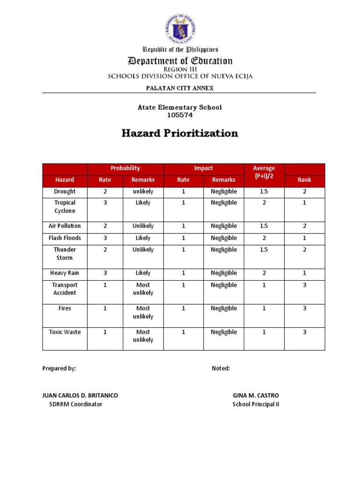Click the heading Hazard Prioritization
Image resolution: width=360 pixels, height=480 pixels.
pyautogui.click(x=180, y=134)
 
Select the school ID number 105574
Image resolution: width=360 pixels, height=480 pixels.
pyautogui.click(x=180, y=115)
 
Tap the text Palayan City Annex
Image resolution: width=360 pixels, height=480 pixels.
pyautogui.click(x=180, y=88)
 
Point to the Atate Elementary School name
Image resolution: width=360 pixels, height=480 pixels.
pyautogui.click(x=180, y=107)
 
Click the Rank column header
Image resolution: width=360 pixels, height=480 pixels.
pyautogui.click(x=304, y=180)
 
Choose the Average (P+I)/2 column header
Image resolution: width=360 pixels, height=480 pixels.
pyautogui.click(x=264, y=172)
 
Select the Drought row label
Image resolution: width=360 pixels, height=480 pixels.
pyautogui.click(x=65, y=192)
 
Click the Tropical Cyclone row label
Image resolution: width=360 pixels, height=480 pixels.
pyautogui.click(x=65, y=207)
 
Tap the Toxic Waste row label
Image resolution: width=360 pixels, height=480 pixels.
pyautogui.click(x=65, y=332)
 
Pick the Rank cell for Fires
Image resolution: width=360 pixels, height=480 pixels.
pyautogui.click(x=304, y=308)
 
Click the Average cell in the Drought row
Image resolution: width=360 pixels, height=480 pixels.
pyautogui.click(x=264, y=192)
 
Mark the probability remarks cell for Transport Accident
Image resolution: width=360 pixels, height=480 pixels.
pyautogui.click(x=143, y=289)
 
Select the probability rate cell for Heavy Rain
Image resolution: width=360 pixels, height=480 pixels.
pyautogui.click(x=105, y=273)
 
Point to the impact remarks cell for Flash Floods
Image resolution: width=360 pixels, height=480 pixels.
pyautogui.click(x=224, y=238)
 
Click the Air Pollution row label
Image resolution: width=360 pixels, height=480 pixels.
pyautogui.click(x=65, y=226)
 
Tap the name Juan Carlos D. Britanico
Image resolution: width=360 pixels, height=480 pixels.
pyautogui.click(x=80, y=396)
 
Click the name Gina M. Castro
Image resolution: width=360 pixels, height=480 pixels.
pyautogui.click(x=255, y=396)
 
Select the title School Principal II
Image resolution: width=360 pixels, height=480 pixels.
pyautogui.click(x=255, y=405)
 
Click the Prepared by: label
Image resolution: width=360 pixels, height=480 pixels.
pyautogui.click(x=59, y=368)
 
